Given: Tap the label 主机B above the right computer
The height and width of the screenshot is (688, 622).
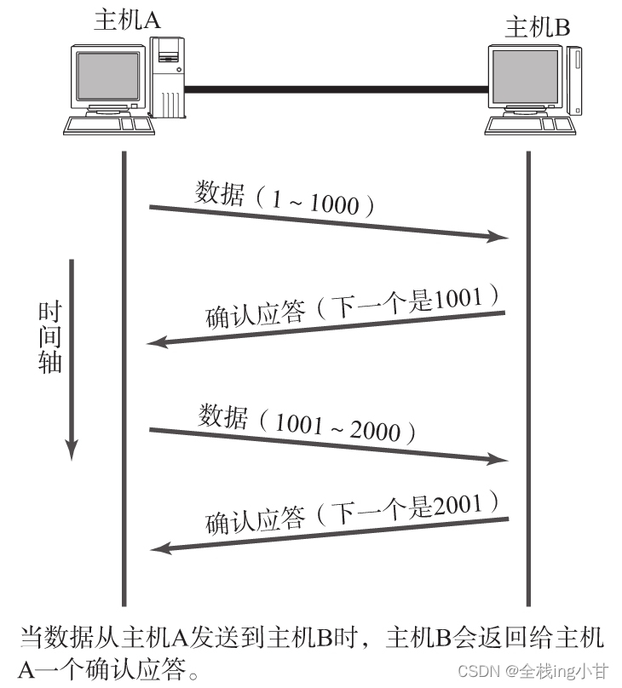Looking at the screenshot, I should pyautogui.click(x=538, y=27).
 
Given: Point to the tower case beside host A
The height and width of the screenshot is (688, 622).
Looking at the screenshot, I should pyautogui.click(x=170, y=78).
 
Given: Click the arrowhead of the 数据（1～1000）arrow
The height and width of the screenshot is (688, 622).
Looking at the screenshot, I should pyautogui.click(x=498, y=237).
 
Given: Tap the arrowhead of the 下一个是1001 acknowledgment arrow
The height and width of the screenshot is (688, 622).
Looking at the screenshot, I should pyautogui.click(x=157, y=342).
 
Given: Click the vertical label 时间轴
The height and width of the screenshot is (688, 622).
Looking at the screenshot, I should pyautogui.click(x=49, y=336).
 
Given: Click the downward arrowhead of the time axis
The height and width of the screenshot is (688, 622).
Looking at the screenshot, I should pyautogui.click(x=72, y=448).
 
